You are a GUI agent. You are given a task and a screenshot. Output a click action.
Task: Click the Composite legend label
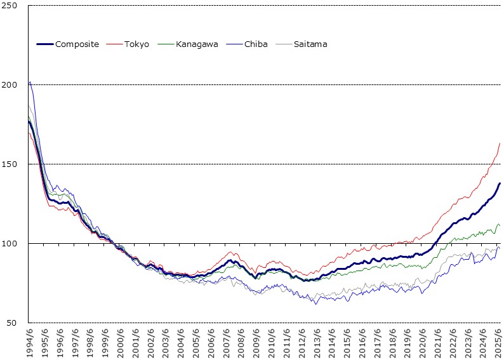coord(77,44)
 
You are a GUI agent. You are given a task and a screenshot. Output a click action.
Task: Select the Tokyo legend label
coord(137,44)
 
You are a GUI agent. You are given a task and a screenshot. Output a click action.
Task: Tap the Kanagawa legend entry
coord(198,44)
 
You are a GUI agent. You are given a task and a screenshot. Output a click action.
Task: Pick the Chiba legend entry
coord(255,44)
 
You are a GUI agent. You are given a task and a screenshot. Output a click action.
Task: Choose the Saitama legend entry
coord(310,44)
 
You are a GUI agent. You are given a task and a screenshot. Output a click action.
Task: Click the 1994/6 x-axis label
coord(30,343)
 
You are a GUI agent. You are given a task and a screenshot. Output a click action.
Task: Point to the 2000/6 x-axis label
coord(121,343)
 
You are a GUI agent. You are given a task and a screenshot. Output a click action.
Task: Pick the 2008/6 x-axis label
coord(242,343)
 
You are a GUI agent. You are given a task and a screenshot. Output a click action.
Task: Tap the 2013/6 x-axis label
coord(317,343)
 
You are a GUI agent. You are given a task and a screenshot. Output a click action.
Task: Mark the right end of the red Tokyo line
coord(500,143)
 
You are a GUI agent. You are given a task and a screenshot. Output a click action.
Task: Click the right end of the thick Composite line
coord(500,183)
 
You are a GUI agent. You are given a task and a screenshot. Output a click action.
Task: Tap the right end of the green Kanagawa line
coord(500,225)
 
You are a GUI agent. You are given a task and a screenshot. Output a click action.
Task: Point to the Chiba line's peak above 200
coord(30,82)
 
